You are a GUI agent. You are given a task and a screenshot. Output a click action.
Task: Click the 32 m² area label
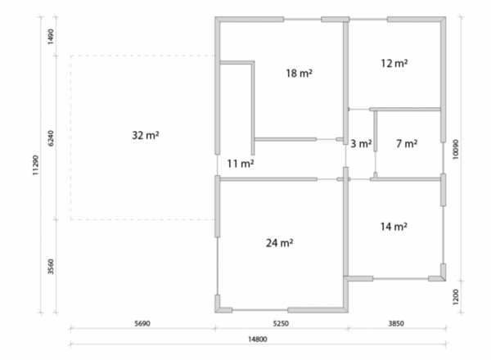[x=146, y=135]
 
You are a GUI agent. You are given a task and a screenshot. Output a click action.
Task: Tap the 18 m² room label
[x=299, y=74]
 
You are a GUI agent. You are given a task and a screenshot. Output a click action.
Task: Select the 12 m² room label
[x=394, y=63]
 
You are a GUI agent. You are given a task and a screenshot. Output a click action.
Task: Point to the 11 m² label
[x=240, y=164]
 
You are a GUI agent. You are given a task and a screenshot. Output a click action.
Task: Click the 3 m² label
[x=361, y=144]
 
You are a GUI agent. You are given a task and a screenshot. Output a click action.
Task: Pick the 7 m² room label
[x=407, y=144]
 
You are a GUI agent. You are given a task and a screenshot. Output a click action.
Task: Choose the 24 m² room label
[x=279, y=243]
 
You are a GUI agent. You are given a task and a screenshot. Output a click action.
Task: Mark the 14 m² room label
[x=394, y=227]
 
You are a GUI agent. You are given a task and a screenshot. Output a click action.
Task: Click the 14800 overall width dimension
[x=258, y=340]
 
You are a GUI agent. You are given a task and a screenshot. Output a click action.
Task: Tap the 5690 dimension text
[x=142, y=323]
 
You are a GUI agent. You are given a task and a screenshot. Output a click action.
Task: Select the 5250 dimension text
[x=281, y=323]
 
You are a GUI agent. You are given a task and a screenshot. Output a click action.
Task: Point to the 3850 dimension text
[x=396, y=323]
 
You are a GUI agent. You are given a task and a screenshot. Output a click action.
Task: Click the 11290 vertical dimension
[x=35, y=165]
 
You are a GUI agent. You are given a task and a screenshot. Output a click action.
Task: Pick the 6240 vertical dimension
[x=51, y=138]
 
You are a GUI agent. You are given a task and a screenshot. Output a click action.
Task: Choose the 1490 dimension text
[x=51, y=36]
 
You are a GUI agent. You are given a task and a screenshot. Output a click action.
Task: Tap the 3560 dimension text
[x=51, y=267]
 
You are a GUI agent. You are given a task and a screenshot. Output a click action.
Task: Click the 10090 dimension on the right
[x=456, y=150]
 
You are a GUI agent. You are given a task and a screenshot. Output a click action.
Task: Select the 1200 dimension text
[x=456, y=296]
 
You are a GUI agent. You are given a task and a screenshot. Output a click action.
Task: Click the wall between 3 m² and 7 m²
[x=375, y=131]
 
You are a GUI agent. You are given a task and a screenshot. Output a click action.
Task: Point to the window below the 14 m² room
[x=400, y=278]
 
